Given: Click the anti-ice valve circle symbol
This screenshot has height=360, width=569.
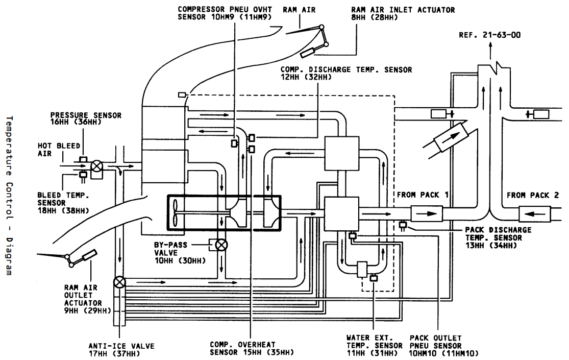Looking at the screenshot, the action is [119, 282].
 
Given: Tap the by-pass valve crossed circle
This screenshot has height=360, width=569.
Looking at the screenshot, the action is [221, 245].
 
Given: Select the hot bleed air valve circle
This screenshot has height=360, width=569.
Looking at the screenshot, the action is [96, 166].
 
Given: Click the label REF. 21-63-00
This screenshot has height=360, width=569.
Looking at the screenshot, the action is [489, 35].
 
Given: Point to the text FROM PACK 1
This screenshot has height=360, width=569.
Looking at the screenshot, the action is [423, 195].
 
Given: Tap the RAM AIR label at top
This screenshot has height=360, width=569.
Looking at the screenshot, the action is [299, 10].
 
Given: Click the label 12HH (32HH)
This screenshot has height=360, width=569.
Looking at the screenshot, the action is [306, 77].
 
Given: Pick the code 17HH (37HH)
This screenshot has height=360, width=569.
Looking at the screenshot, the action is [114, 353].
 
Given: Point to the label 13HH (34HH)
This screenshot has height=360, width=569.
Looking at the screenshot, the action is [491, 246].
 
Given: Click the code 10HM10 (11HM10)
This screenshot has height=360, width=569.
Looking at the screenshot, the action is [444, 353].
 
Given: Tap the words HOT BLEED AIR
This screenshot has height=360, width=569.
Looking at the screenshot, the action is [59, 150].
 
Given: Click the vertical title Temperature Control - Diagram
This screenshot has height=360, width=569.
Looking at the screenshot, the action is [9, 196].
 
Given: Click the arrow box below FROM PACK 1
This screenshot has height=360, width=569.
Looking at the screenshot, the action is [427, 213].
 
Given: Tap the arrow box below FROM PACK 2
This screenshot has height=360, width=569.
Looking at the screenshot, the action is [535, 213].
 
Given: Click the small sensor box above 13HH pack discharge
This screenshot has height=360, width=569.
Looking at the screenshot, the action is [403, 225].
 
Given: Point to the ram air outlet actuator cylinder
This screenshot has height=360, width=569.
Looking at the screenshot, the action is [90, 255].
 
